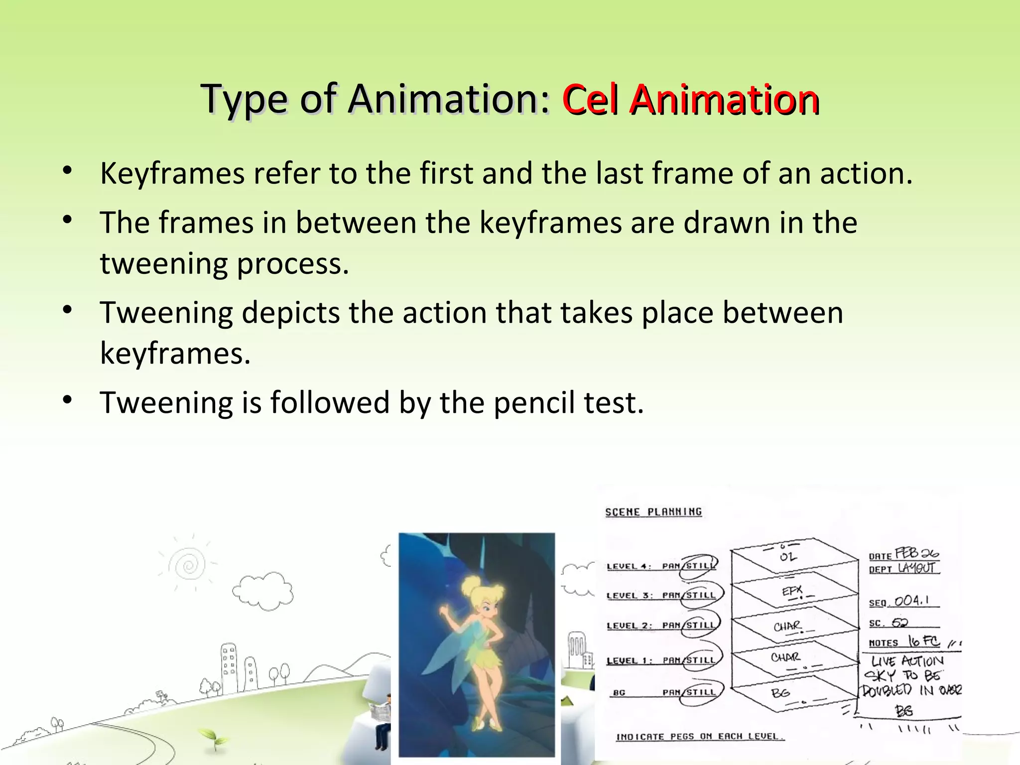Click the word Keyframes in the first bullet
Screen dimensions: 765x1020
click(x=172, y=174)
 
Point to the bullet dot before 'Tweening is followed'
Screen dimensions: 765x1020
click(x=68, y=400)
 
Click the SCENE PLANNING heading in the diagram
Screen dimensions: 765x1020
click(x=653, y=512)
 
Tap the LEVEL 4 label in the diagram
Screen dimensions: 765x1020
click(x=629, y=566)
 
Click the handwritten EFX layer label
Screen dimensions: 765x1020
click(x=792, y=591)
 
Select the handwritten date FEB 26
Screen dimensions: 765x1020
click(x=916, y=553)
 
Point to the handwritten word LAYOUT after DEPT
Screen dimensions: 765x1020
click(x=917, y=568)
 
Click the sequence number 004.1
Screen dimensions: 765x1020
click(x=911, y=601)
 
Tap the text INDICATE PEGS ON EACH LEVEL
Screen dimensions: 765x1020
click(x=700, y=736)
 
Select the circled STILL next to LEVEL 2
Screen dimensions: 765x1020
click(x=700, y=626)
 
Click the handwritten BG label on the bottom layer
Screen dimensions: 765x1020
click(x=780, y=693)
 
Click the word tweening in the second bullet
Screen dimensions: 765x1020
click(x=164, y=264)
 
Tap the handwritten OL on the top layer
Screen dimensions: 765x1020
click(x=788, y=556)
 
